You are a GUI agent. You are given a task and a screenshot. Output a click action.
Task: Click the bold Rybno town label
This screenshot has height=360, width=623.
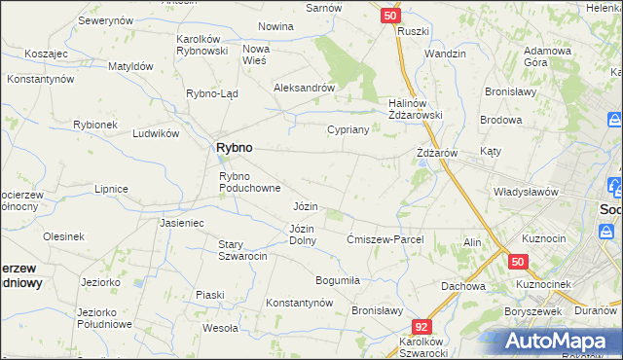[x=233, y=147]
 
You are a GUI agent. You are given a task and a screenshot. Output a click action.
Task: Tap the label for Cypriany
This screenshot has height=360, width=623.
[x=348, y=128]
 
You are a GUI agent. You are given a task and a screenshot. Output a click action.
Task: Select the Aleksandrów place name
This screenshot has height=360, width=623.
[x=305, y=87]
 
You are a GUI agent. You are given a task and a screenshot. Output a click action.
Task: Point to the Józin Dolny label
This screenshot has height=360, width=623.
[x=302, y=234]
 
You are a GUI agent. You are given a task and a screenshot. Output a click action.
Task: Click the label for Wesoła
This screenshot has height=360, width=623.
[x=221, y=328]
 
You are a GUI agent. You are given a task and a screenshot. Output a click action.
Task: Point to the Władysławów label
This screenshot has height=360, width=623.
[x=526, y=192]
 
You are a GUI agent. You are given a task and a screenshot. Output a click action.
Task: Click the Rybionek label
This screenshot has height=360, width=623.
[x=95, y=125]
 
